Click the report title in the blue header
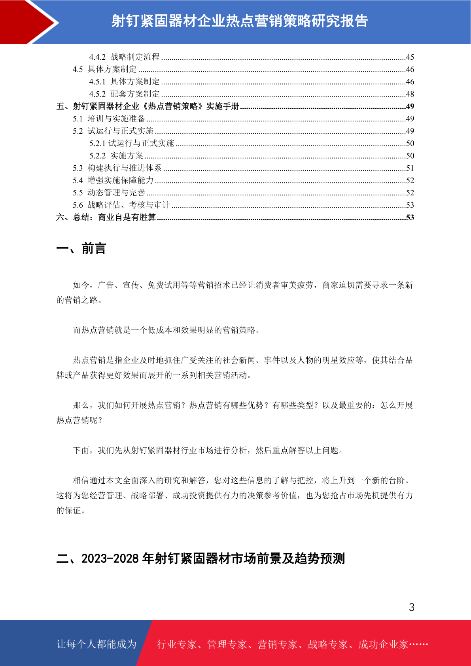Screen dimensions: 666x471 point(240,21)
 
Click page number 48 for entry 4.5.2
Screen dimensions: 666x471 point(410,94)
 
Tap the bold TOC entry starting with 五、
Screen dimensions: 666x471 point(148,106)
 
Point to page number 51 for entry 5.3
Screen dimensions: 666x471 point(410,168)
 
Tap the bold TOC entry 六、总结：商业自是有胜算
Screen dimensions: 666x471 point(106,218)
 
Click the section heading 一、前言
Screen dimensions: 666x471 point(81,249)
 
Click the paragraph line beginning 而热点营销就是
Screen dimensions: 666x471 point(166,330)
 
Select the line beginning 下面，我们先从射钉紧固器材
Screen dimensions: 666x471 point(208,450)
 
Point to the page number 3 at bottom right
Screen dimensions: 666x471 point(411,607)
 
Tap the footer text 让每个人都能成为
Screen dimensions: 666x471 point(96,644)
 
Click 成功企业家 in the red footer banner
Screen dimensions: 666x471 point(383,645)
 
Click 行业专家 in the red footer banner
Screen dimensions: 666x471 point(177,645)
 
